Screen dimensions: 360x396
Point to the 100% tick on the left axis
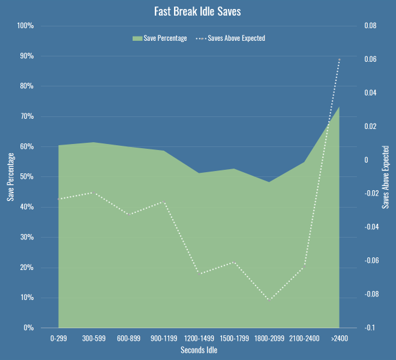pyautogui.click(x=25, y=26)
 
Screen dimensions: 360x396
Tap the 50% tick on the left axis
pyautogui.click(x=27, y=177)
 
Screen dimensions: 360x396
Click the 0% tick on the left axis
pyautogui.click(x=28, y=328)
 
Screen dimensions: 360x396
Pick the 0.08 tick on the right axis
pyautogui.click(x=370, y=26)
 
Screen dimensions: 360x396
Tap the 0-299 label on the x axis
pyautogui.click(x=58, y=339)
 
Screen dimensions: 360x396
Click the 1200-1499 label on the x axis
pyautogui.click(x=199, y=339)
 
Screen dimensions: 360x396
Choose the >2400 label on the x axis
pyautogui.click(x=340, y=339)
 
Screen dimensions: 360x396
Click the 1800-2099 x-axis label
pyautogui.click(x=269, y=339)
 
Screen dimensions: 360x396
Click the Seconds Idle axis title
pyautogui.click(x=199, y=350)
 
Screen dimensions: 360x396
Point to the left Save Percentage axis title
pyautogui.click(x=10, y=177)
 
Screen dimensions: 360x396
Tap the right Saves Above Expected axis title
pyautogui.click(x=386, y=177)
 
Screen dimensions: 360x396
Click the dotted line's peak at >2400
pyautogui.click(x=340, y=59)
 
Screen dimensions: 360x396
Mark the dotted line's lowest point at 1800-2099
pyautogui.click(x=269, y=299)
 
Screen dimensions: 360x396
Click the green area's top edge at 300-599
pyautogui.click(x=94, y=142)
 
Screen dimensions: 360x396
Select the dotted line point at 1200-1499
pyautogui.click(x=199, y=274)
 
